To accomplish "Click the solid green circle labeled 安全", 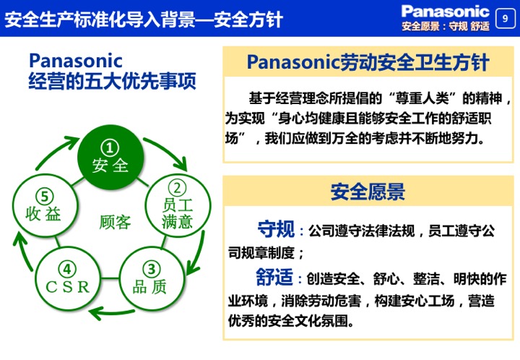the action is coord(110,158).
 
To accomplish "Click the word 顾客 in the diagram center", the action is coord(115,222).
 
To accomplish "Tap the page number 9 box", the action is coord(505,19).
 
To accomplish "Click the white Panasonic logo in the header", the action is coord(445,12).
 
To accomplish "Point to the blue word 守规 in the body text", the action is coord(276,229).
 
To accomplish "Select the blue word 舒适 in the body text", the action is coord(274,277).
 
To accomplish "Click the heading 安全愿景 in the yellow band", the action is coord(368,192).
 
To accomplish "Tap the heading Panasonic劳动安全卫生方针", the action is coord(368,62).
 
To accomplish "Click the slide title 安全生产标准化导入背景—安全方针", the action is coord(144,20).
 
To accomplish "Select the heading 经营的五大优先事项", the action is coord(112,81).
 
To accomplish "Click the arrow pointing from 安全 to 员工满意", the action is coord(169,150).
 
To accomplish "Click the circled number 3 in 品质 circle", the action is coord(152,269).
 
